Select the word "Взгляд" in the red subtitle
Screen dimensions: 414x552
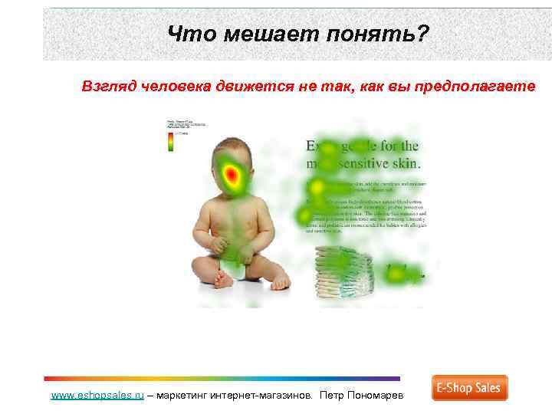click(x=110, y=86)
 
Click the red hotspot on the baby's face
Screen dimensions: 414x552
click(x=233, y=178)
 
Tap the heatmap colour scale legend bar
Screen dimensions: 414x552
click(x=171, y=142)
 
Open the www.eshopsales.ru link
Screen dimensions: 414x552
click(x=97, y=395)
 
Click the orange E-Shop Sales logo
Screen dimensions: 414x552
click(x=469, y=388)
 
